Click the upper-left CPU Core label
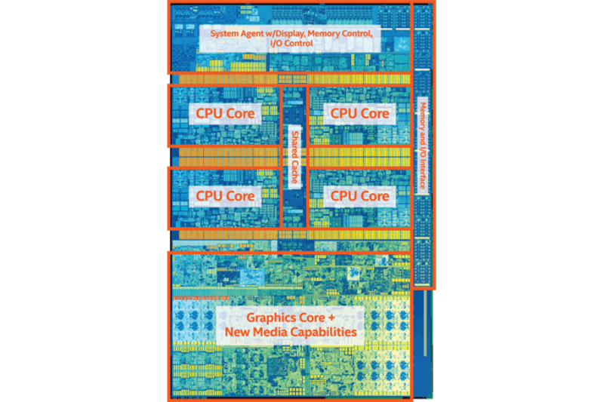point(226,113)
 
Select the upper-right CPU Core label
point(359,113)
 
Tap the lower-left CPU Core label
point(226,195)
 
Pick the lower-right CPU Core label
point(359,195)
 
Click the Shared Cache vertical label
point(294,158)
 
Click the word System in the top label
point(223,34)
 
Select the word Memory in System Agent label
point(332,34)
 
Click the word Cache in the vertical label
point(294,173)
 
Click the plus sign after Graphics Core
point(337,317)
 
